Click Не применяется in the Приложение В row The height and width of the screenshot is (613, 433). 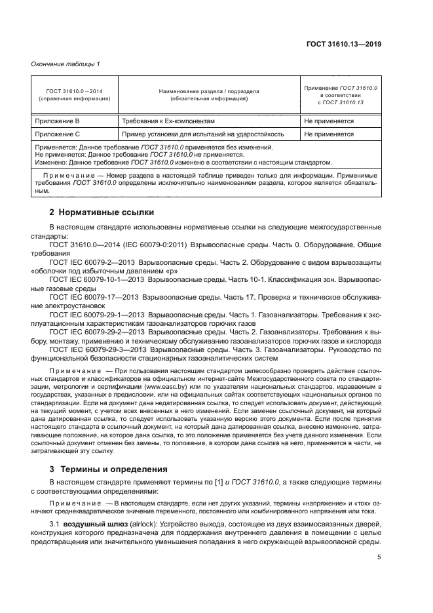pyautogui.click(x=328, y=121)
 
